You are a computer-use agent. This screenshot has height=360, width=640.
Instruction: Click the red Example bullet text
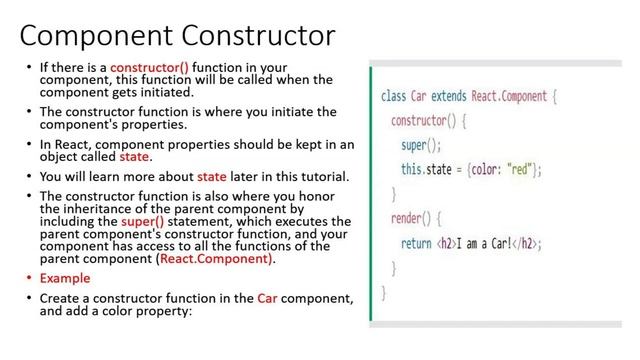65,278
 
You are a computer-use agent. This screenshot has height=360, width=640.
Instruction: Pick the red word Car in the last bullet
266,298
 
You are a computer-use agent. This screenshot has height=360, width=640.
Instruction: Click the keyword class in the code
393,98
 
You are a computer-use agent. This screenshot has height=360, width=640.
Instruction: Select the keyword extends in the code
455,98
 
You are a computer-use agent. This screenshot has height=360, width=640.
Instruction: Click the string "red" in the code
522,170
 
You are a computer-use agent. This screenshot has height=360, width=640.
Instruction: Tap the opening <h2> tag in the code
446,242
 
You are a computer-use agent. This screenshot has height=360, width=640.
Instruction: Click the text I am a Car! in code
490,242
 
